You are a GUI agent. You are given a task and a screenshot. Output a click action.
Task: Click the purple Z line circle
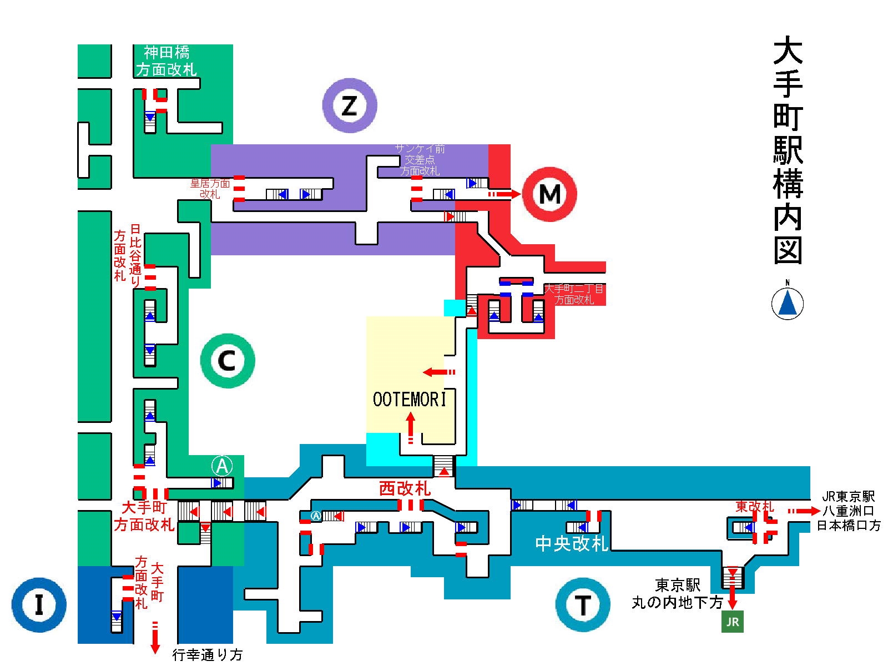pos(350,105)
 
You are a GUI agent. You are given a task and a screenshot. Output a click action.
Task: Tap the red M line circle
pos(549,194)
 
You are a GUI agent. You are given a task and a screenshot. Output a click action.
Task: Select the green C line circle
pos(228,361)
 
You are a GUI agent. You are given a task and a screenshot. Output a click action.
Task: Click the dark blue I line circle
pos(39,605)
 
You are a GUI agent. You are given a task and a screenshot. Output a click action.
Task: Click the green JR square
pos(733,622)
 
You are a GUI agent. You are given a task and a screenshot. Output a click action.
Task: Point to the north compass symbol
pos(788,303)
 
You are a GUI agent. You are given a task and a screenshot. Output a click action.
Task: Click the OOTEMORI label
pos(410,400)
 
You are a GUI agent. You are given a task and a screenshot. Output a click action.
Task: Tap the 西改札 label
pos(405,488)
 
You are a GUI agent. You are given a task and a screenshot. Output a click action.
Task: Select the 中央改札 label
pos(572,543)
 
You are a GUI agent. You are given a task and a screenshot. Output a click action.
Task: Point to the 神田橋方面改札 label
pos(167,61)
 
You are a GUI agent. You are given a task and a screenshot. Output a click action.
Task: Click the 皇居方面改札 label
pos(210,188)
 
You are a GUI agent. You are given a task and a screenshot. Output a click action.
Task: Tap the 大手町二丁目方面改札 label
pos(574,294)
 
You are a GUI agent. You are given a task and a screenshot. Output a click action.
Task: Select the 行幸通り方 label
pos(208,655)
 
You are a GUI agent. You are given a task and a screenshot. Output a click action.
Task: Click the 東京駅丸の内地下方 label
pos(677,594)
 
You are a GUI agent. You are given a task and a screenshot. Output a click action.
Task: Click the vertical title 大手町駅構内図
pos(788,150)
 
